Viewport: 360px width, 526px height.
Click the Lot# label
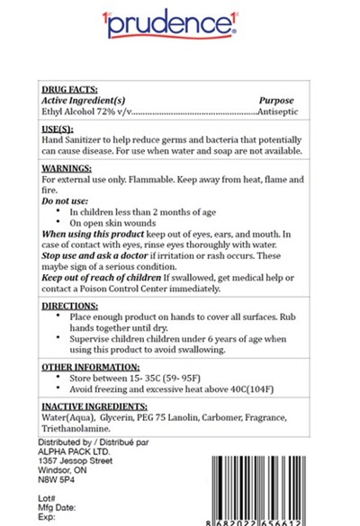[49, 497]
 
